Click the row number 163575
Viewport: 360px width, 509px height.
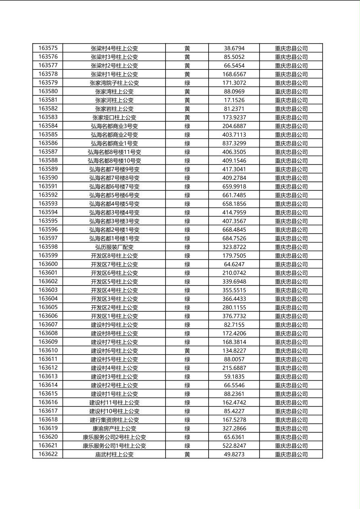click(48, 48)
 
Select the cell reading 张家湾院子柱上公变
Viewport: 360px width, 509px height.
click(114, 83)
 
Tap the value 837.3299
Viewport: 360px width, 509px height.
click(234, 143)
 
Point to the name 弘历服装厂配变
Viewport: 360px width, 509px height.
click(114, 247)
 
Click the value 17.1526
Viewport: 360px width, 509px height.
click(234, 100)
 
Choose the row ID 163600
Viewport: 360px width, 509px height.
click(48, 264)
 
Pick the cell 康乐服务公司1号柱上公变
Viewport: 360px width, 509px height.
click(114, 446)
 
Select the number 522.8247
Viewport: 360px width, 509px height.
click(234, 446)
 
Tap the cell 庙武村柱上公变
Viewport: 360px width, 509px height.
click(114, 454)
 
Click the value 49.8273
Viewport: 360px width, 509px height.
click(234, 454)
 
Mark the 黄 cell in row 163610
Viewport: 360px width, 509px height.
click(187, 350)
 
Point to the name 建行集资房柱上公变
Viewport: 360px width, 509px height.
click(114, 420)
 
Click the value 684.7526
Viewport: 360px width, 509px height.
click(234, 238)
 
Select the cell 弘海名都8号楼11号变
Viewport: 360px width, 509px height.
click(114, 152)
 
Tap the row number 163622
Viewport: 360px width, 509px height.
click(48, 454)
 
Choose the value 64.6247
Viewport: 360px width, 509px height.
click(234, 264)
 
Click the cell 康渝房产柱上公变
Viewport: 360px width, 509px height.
click(114, 428)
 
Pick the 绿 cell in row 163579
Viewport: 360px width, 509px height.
click(187, 83)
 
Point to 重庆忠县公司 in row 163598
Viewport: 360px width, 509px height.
click(291, 247)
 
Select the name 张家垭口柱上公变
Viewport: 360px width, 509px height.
click(114, 117)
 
